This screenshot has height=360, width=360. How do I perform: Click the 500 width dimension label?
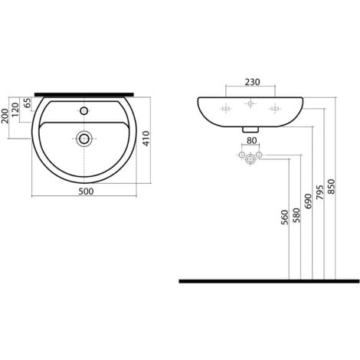[86, 191]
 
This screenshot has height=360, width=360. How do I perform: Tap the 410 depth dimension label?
[146, 139]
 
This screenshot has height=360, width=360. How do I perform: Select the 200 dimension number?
[5, 116]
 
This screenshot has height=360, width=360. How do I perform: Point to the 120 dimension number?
[15, 110]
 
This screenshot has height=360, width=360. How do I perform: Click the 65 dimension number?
[28, 103]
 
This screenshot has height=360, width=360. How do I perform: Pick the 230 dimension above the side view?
[253, 82]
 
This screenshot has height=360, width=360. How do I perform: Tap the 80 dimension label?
[251, 140]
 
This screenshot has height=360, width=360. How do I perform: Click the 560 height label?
[285, 218]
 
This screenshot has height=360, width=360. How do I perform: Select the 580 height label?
[296, 215]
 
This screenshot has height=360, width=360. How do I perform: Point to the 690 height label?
[309, 201]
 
